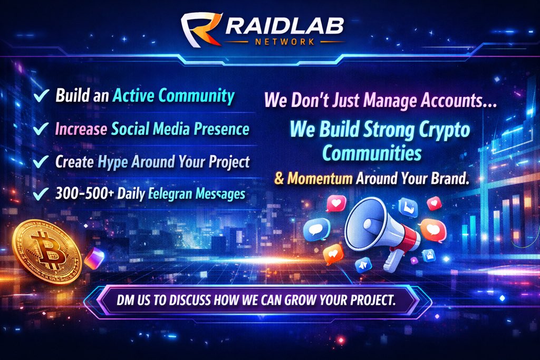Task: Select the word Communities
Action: pyautogui.click(x=372, y=153)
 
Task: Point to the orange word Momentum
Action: pyautogui.click(x=320, y=178)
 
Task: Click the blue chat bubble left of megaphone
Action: pyautogui.click(x=316, y=228)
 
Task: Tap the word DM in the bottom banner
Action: pyautogui.click(x=127, y=300)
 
